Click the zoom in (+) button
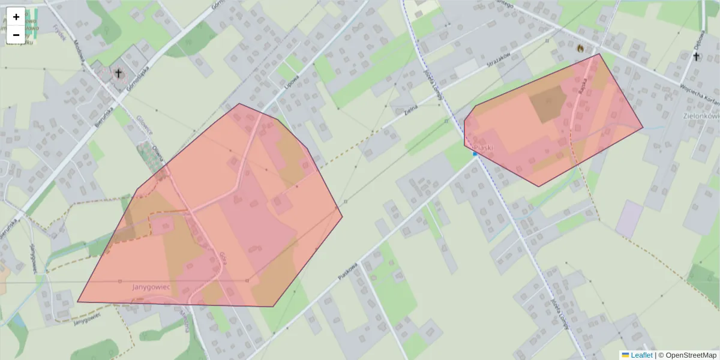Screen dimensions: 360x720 point(16,17)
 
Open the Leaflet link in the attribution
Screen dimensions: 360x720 point(641,355)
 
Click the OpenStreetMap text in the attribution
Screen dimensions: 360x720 point(691,355)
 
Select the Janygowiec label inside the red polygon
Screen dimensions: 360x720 point(151,287)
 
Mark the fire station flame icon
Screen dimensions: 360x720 point(580,48)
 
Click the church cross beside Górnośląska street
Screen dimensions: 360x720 point(118,74)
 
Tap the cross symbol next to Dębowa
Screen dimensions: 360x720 point(696,56)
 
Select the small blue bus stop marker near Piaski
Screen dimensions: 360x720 point(475,154)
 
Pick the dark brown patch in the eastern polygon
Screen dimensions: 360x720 point(547,103)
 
